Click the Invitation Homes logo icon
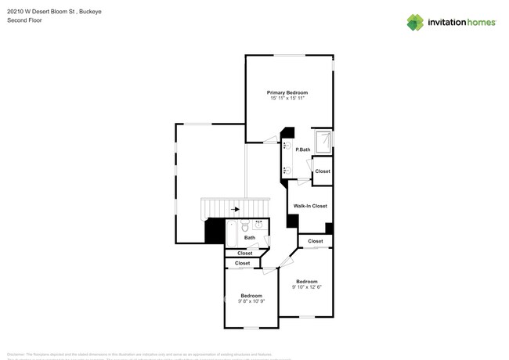[415, 22]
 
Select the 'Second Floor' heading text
[24, 20]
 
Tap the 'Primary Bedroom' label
[287, 92]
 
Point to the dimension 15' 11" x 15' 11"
[287, 99]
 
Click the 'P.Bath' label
[302, 149]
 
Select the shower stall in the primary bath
[322, 141]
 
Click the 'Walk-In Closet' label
[310, 206]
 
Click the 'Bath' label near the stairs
[249, 238]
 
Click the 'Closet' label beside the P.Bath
[323, 171]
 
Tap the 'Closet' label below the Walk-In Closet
[315, 241]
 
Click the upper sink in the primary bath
[287, 146]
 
